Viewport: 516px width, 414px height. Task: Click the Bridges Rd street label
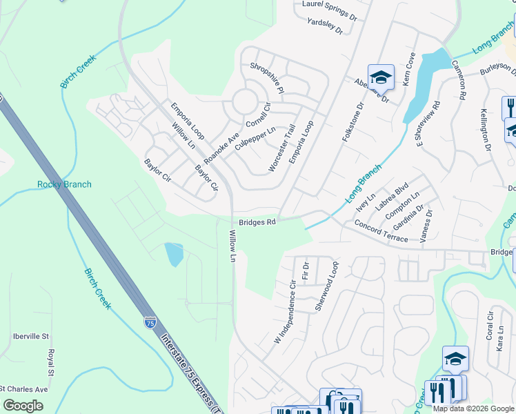click(257, 222)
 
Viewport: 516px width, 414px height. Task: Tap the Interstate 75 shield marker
click(150, 322)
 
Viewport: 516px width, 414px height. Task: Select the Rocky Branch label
click(64, 184)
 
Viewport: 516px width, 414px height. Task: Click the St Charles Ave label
click(24, 389)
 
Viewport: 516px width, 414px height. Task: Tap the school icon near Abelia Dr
click(380, 77)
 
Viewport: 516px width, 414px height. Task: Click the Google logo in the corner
click(23, 406)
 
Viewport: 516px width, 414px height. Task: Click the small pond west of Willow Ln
click(174, 255)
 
